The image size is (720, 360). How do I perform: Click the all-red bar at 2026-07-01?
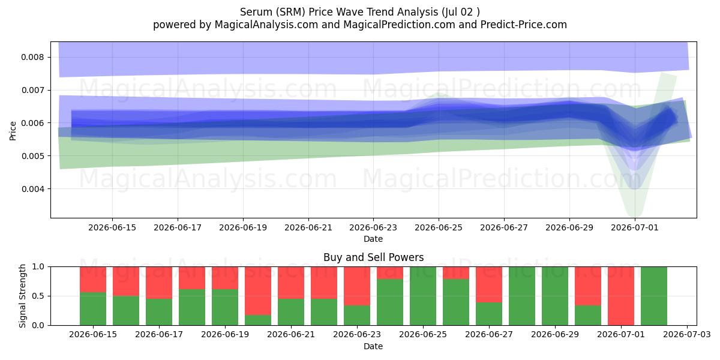(621, 296)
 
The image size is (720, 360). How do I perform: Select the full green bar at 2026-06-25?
(423, 296)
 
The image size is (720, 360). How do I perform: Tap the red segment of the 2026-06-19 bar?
(225, 278)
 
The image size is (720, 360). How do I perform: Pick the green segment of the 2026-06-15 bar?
(93, 308)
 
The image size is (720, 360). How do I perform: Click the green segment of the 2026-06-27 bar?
(489, 314)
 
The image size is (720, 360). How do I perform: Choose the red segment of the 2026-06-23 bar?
(357, 286)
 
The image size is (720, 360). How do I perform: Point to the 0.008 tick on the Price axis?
(49, 57)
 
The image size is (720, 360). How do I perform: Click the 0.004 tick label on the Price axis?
(32, 189)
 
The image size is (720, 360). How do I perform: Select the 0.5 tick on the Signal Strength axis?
(49, 296)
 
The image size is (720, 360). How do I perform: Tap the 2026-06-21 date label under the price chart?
(308, 227)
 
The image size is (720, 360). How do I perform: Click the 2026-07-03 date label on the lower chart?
(687, 335)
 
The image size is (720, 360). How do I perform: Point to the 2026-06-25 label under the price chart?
(439, 227)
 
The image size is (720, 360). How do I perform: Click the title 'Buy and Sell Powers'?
(373, 257)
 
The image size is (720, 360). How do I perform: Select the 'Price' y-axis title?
(13, 131)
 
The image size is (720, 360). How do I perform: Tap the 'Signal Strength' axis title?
(22, 296)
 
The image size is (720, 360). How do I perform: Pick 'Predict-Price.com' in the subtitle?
(524, 25)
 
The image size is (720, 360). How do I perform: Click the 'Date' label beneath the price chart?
(373, 239)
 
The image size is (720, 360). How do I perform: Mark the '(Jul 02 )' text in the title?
(461, 12)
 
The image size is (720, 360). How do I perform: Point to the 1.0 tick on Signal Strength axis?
(49, 266)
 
